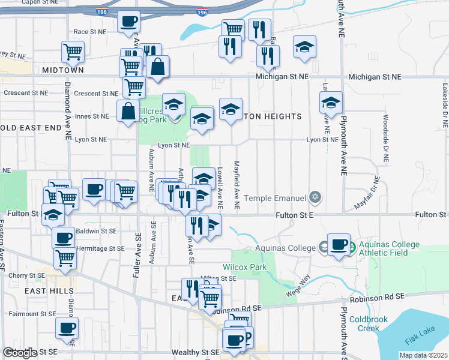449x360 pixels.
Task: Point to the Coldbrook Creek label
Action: click(x=364, y=324)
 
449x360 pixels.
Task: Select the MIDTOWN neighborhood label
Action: click(x=63, y=70)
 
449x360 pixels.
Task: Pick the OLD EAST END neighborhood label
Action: click(x=30, y=128)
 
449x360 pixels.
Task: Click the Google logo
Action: click(x=20, y=353)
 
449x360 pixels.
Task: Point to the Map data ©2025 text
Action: click(x=423, y=355)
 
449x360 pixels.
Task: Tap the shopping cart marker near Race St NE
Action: click(x=73, y=51)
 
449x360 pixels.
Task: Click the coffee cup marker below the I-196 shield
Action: click(x=128, y=22)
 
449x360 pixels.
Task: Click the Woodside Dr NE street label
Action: click(x=385, y=139)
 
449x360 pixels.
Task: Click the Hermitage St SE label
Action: click(x=100, y=248)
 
